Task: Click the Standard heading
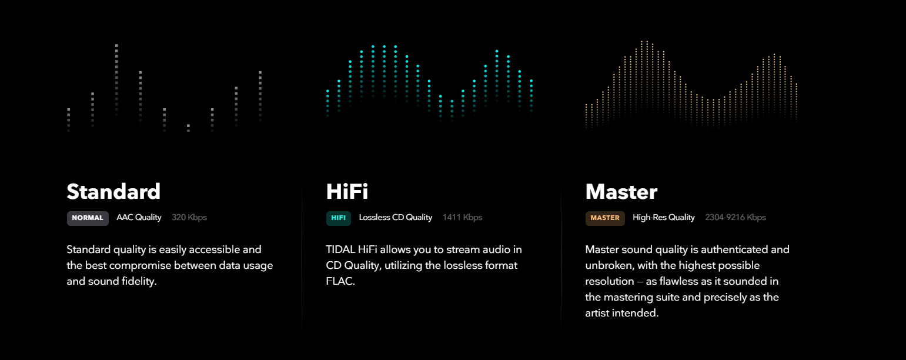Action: (113, 192)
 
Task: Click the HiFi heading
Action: (347, 192)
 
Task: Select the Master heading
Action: (621, 192)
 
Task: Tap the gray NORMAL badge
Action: (88, 218)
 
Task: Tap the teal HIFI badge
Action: (339, 218)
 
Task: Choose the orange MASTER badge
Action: (605, 218)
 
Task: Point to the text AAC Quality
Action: (139, 218)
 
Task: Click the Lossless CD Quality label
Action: (396, 218)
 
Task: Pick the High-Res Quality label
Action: (664, 218)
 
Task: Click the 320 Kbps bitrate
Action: (189, 218)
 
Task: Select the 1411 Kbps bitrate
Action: (462, 218)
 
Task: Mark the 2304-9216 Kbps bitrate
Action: (736, 218)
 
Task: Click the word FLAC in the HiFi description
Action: (340, 281)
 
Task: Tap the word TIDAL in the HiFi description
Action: (340, 249)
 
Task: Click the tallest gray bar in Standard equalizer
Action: (116, 81)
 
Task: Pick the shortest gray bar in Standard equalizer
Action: (189, 128)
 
